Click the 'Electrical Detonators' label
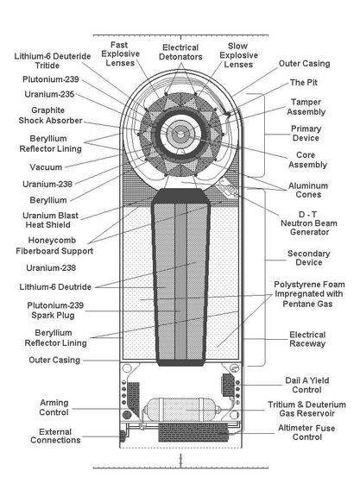(x=180, y=52)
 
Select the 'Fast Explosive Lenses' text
(x=120, y=53)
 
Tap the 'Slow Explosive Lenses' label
(x=238, y=55)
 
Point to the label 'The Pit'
(x=304, y=83)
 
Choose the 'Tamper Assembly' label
(x=306, y=107)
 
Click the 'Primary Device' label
(x=306, y=133)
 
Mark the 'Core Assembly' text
(x=307, y=160)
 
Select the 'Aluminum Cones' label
(x=308, y=190)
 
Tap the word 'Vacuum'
(x=46, y=167)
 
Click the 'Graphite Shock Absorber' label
(x=50, y=116)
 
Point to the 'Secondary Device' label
(x=309, y=258)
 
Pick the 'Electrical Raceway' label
(x=307, y=339)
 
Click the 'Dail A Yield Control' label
(x=307, y=385)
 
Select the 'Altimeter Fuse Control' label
(x=306, y=432)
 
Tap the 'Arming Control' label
(x=54, y=407)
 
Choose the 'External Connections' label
(x=55, y=436)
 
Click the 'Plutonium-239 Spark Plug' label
(x=55, y=310)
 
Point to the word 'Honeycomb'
(x=52, y=241)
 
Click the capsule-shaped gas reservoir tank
(x=181, y=410)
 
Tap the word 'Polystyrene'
(x=293, y=285)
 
